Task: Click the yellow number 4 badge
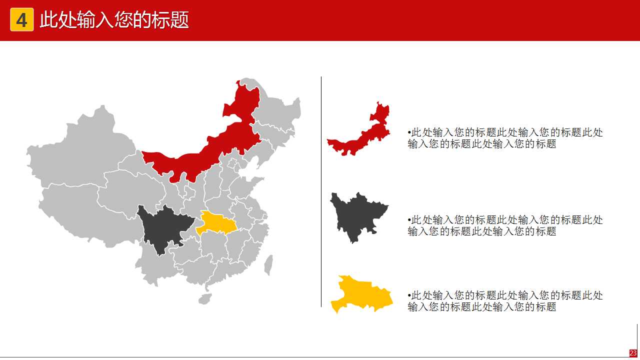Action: point(21,20)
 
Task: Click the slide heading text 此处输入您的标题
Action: point(114,20)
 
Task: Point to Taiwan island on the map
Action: point(268,264)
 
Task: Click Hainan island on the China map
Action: point(204,299)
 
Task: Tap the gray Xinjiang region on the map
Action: point(80,150)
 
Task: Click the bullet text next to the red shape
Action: point(505,138)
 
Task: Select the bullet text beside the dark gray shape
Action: point(505,225)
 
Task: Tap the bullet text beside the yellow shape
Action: point(505,300)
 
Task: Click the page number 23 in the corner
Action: point(633,353)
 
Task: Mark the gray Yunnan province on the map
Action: point(155,265)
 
